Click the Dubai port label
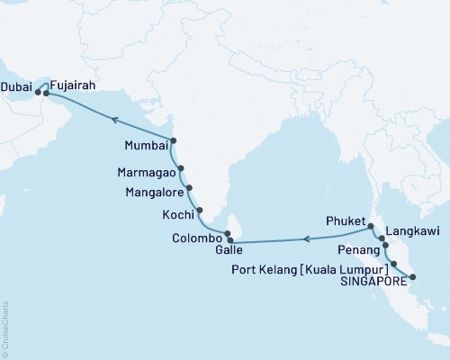point(17,90)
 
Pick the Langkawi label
point(412,229)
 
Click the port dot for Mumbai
point(173,140)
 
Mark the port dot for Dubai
point(38,91)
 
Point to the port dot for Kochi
point(200,211)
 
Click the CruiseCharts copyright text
point(6,328)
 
